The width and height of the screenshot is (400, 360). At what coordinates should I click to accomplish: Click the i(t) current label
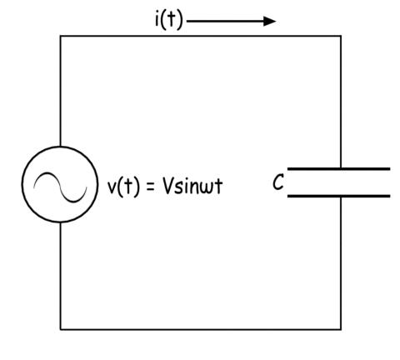point(169,20)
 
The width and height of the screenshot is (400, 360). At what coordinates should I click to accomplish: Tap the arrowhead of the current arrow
point(269,21)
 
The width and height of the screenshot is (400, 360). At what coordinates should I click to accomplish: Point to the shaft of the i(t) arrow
point(225,21)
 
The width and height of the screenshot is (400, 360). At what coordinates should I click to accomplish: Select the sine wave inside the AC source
point(60,187)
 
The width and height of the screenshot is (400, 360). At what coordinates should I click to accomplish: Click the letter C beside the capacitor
point(278,182)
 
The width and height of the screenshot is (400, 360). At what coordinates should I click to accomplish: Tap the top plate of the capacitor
point(338,168)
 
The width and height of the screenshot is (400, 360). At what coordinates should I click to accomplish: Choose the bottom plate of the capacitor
point(338,196)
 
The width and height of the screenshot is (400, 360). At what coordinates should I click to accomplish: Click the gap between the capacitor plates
point(338,182)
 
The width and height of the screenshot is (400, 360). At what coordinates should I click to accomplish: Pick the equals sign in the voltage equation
point(150,187)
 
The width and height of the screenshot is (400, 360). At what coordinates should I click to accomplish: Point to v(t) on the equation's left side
point(123,187)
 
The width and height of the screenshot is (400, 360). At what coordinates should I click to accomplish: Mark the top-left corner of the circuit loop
point(60,36)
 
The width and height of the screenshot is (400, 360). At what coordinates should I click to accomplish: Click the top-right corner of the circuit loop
point(341,36)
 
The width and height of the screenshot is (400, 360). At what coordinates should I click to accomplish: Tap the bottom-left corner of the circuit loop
point(60,329)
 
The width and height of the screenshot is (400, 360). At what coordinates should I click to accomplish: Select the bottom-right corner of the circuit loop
point(341,329)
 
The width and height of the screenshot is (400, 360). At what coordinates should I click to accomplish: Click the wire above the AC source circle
point(60,91)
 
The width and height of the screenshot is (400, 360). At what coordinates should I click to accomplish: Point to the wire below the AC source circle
point(60,276)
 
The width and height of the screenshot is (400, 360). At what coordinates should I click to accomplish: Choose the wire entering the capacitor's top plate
point(341,102)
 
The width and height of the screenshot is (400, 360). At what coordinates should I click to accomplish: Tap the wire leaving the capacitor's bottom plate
point(341,263)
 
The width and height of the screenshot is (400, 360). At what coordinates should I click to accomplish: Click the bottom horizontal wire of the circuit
point(201,329)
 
